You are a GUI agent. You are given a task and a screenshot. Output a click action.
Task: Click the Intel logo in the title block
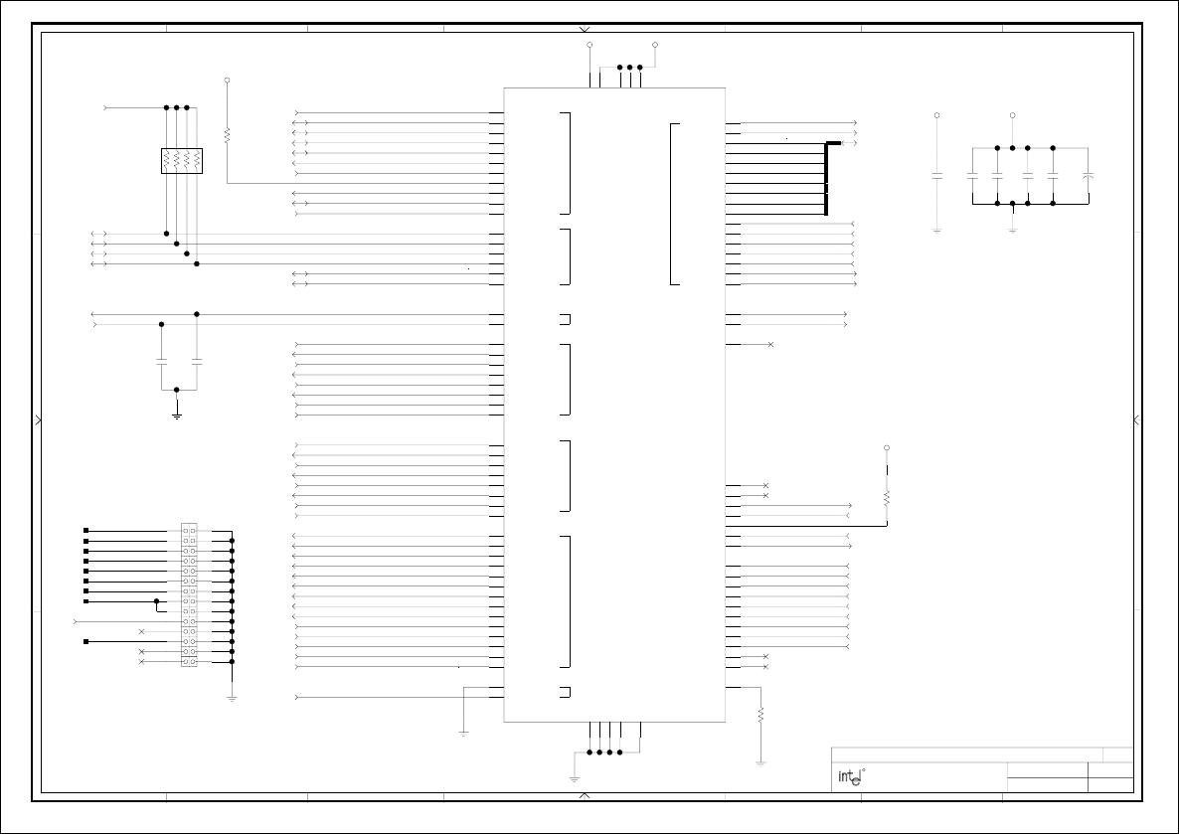[x=848, y=777]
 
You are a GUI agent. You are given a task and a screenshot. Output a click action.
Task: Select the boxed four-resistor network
[x=181, y=161]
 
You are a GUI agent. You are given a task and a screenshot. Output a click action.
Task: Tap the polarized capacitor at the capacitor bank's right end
[x=1089, y=176]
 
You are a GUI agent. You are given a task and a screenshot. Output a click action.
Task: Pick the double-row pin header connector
[x=189, y=594]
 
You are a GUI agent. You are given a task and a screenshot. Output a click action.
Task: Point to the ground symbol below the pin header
[x=232, y=698]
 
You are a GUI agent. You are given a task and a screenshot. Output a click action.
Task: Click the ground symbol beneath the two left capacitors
[x=176, y=415]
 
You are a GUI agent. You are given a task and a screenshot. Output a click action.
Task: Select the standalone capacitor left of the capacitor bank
[x=936, y=176]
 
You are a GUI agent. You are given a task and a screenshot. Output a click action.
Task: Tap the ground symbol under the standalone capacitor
[x=936, y=231]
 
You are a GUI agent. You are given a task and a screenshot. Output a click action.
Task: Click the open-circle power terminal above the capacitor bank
[x=1012, y=115]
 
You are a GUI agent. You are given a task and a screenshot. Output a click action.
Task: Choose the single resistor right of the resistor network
[x=227, y=132]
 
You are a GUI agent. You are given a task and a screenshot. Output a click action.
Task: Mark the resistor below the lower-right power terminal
[x=886, y=497]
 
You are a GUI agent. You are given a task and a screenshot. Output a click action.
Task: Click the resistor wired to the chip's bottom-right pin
[x=760, y=714]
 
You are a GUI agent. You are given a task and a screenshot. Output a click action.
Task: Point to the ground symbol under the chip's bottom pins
[x=574, y=778]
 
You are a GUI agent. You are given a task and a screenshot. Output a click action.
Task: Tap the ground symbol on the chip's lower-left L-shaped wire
[x=463, y=734]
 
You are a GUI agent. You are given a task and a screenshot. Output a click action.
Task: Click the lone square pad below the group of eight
[x=86, y=641]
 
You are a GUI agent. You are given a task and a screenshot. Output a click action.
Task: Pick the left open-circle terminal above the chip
[x=590, y=45]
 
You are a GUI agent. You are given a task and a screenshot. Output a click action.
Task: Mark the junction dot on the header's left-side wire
[x=156, y=601]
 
